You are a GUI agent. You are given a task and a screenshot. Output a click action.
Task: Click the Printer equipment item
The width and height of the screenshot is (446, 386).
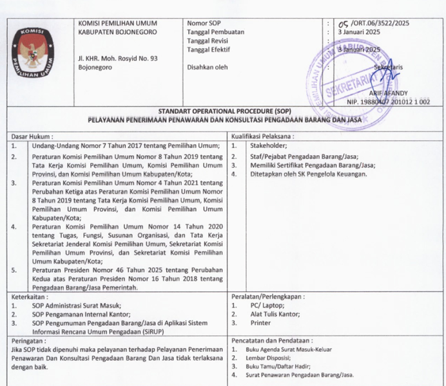pyautogui.click(x=260, y=324)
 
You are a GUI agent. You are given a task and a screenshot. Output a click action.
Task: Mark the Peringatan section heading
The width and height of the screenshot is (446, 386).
pyautogui.click(x=30, y=340)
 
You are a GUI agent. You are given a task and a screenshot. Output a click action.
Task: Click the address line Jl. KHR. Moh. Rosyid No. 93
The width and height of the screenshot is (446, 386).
pyautogui.click(x=117, y=58)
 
